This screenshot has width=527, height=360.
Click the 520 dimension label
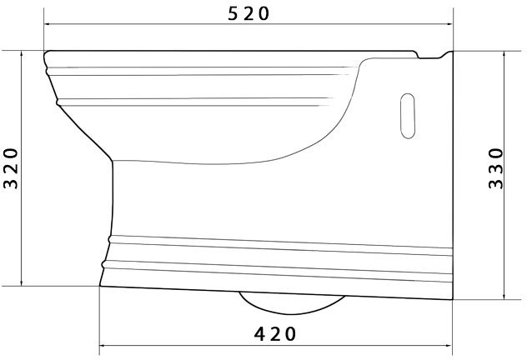pos(248,14)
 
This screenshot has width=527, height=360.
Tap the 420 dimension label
pos(275,334)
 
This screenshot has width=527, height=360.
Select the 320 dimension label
pos(10,168)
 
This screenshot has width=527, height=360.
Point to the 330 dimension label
pos(496,168)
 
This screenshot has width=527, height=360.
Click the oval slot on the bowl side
pos(408,116)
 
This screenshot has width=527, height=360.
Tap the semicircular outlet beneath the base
pos(292,303)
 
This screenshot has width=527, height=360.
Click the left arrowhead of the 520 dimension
pos(48,24)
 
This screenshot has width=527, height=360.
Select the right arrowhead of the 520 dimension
pos(449,24)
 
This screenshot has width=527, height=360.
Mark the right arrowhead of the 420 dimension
pos(449,345)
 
